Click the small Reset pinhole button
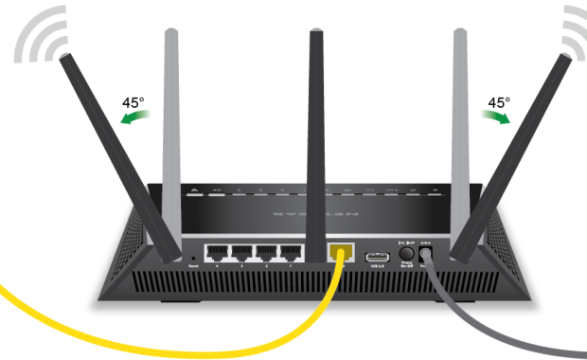(193, 257)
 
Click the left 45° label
(133, 103)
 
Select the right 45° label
(498, 102)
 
